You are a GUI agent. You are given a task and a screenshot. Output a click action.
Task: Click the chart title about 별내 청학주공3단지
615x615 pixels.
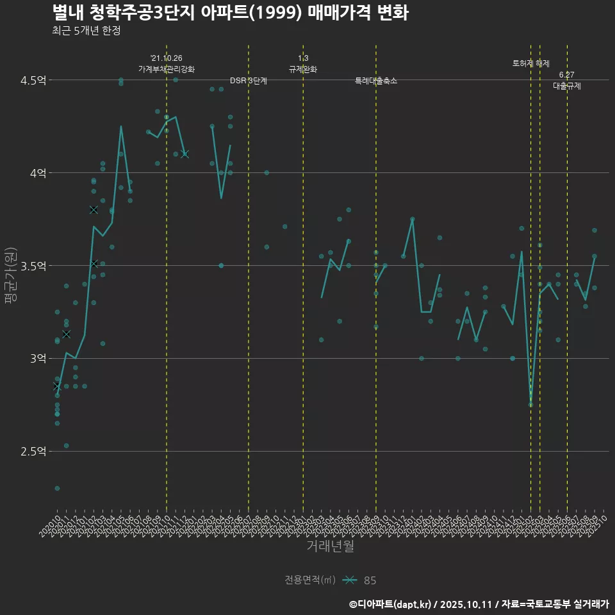[x=230, y=13]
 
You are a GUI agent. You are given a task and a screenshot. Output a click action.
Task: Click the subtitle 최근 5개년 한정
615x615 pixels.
[x=86, y=31]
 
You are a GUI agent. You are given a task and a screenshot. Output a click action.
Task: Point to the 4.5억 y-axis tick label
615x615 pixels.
[x=33, y=80]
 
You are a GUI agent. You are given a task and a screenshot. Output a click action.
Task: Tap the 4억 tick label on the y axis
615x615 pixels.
[x=38, y=173]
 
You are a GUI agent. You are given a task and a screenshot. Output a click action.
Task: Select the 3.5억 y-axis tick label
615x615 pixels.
[x=33, y=265]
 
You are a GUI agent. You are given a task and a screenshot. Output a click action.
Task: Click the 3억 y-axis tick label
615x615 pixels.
[x=38, y=358]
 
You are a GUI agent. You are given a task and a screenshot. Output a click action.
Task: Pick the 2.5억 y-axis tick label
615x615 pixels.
[x=33, y=451]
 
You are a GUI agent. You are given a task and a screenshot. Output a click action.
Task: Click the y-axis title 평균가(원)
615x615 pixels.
[x=10, y=275]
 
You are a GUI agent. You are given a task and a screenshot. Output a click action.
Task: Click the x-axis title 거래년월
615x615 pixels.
[x=330, y=546]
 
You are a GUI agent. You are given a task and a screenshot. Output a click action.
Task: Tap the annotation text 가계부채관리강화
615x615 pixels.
[x=167, y=69]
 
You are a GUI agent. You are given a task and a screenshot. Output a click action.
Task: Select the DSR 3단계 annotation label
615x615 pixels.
[x=249, y=81]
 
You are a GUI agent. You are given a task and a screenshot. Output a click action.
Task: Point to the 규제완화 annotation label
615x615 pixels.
[x=303, y=69]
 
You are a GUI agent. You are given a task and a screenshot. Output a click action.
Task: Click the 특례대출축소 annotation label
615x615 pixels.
[x=376, y=81]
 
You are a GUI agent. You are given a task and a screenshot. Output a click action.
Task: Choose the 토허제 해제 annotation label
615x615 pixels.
[x=531, y=63]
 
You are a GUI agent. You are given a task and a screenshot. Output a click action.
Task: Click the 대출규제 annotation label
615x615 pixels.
[x=567, y=86]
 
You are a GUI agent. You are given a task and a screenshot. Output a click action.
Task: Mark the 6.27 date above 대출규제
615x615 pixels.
[x=567, y=75]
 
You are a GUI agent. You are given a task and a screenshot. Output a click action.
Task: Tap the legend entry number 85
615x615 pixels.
[x=370, y=580]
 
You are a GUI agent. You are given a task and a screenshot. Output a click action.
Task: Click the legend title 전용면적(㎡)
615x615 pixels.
[x=310, y=580]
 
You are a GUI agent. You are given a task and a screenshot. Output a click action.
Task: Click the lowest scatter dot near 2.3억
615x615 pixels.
[x=57, y=488]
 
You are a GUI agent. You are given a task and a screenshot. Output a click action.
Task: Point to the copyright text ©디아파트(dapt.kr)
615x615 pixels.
[x=391, y=604]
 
